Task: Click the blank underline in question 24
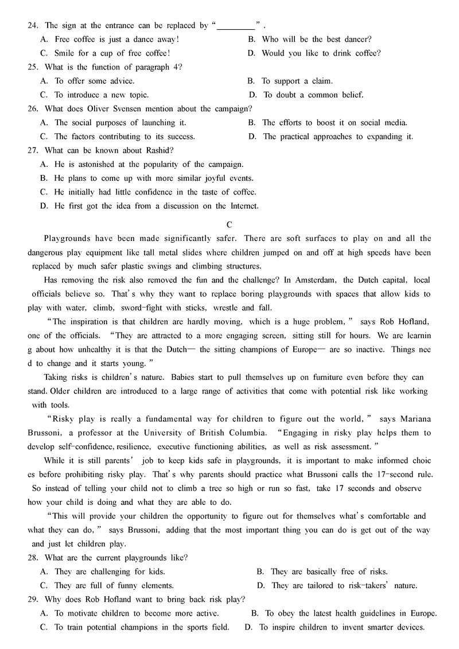click(x=236, y=26)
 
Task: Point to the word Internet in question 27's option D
click(x=242, y=205)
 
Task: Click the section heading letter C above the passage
click(x=229, y=224)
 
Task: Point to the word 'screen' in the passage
click(x=274, y=335)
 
